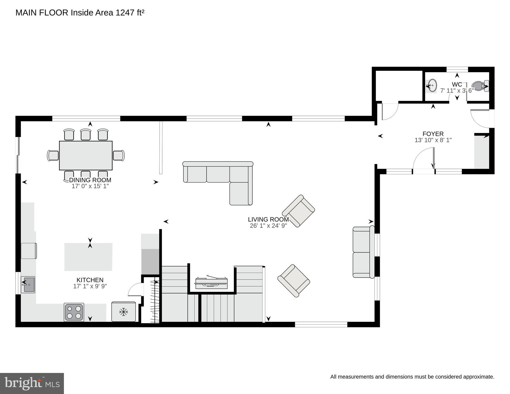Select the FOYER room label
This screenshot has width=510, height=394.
(x=433, y=134)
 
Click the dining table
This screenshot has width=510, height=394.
(x=86, y=155)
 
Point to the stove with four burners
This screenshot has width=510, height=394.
(x=74, y=312)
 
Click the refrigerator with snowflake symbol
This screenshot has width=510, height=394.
(x=123, y=312)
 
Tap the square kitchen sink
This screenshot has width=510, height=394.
(x=28, y=284)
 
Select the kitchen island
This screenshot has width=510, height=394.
(x=88, y=257)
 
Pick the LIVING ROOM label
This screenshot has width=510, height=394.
(x=268, y=219)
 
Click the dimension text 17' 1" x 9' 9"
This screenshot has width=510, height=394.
(x=90, y=286)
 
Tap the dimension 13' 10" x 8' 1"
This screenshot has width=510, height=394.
(x=433, y=140)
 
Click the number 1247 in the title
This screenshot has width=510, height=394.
(x=125, y=13)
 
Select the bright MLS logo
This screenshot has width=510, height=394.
(x=32, y=383)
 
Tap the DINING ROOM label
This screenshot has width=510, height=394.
(x=90, y=180)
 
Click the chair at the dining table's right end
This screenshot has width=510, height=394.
(x=119, y=155)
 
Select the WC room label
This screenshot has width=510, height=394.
(x=457, y=84)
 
